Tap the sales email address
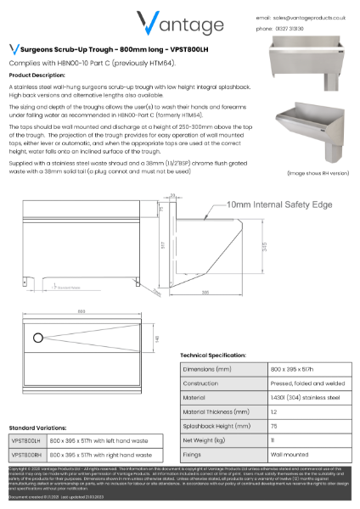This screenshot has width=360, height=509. [x=314, y=17]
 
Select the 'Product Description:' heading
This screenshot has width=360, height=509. [x=37, y=75]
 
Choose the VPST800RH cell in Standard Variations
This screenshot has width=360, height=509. [x=26, y=455]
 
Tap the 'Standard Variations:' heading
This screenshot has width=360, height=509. [x=39, y=428]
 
